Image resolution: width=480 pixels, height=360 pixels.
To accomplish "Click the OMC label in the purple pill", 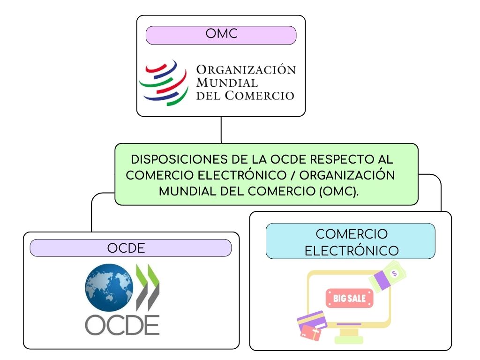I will click(221, 35).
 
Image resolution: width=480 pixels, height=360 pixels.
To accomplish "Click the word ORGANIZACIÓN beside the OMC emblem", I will click(246, 70).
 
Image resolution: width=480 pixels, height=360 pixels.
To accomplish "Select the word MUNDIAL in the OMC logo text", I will click(227, 83).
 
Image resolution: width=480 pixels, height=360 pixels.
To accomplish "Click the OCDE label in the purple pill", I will click(127, 248).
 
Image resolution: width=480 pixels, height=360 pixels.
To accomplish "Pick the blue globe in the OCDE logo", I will click(109, 287).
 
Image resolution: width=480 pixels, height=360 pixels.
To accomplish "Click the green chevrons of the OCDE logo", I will click(148, 287).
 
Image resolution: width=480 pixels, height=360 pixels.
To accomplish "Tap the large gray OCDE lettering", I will click(122, 324).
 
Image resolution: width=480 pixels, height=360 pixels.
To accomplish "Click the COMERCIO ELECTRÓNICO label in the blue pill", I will click(351, 242).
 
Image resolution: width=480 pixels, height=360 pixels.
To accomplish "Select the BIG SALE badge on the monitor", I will click(349, 298).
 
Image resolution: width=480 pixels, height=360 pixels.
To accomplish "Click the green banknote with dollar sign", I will click(387, 277).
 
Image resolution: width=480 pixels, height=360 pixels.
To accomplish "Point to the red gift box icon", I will click(311, 333).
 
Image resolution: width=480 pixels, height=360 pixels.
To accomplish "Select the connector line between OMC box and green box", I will click(221, 130).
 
